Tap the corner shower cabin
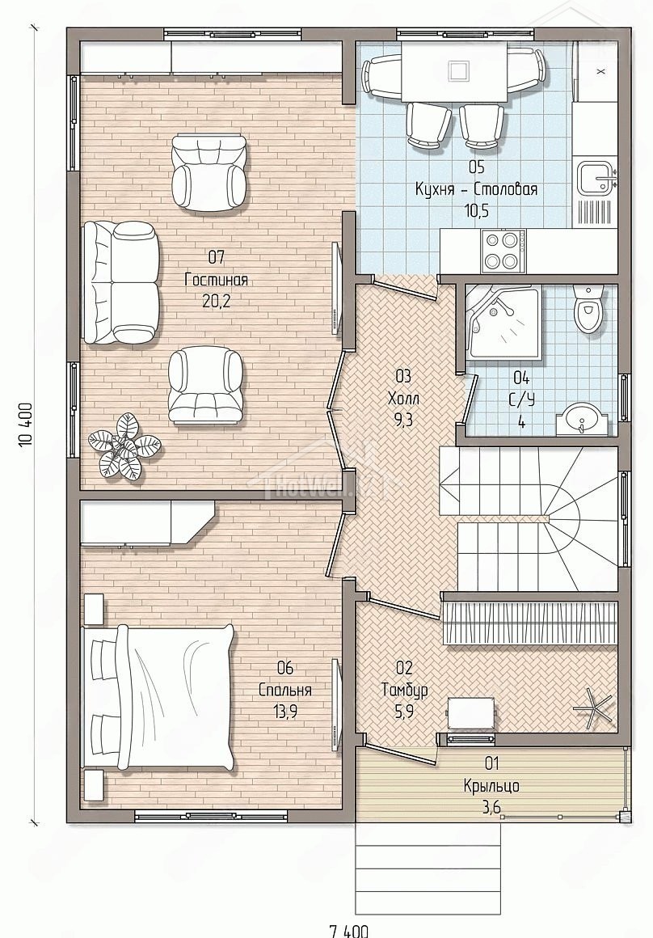503,323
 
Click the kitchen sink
596,176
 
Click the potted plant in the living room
124,446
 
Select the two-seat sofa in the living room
122,282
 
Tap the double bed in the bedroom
159,697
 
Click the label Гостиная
216,280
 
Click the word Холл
403,398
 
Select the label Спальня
284,690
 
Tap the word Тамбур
405,690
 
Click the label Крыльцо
491,785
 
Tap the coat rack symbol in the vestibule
593,707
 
